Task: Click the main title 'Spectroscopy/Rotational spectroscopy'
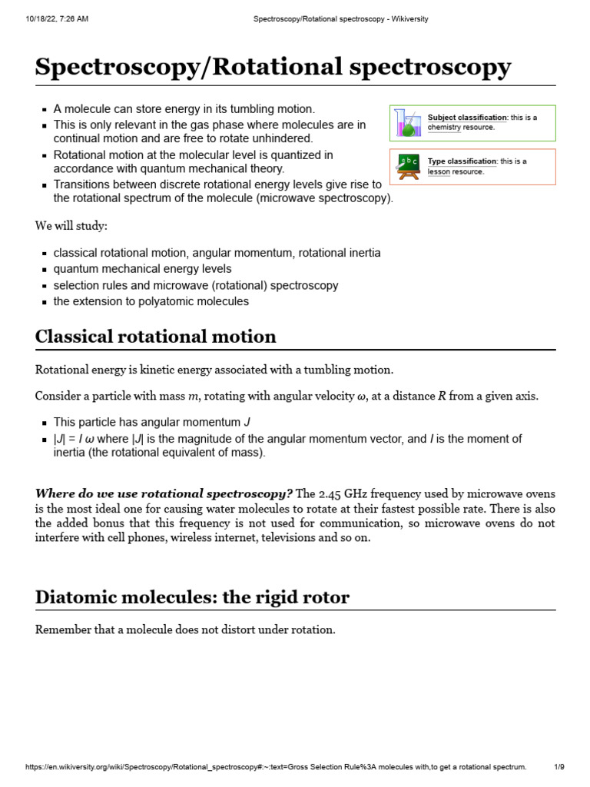[273, 67]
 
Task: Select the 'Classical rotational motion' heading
[156, 337]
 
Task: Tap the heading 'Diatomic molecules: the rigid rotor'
[192, 597]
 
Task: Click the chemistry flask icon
[406, 123]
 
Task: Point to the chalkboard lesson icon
[407, 167]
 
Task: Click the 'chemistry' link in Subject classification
[443, 128]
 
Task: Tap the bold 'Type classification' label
[462, 161]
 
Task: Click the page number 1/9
[559, 767]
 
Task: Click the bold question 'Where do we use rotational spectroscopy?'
[164, 493]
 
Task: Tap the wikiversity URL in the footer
[276, 767]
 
